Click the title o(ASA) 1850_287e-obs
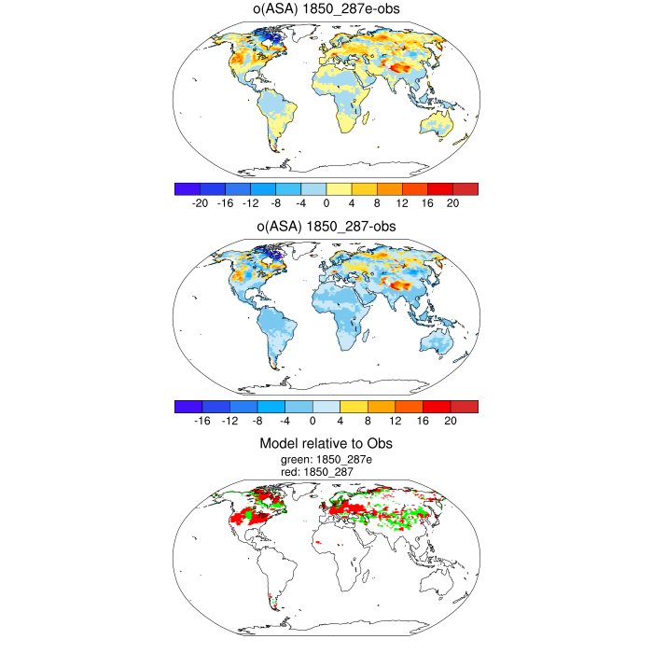(x=326, y=10)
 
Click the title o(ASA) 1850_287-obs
(x=326, y=227)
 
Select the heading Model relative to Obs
(x=326, y=444)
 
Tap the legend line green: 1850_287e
(x=326, y=460)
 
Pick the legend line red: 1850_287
(x=326, y=473)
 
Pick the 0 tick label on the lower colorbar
(x=301, y=421)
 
